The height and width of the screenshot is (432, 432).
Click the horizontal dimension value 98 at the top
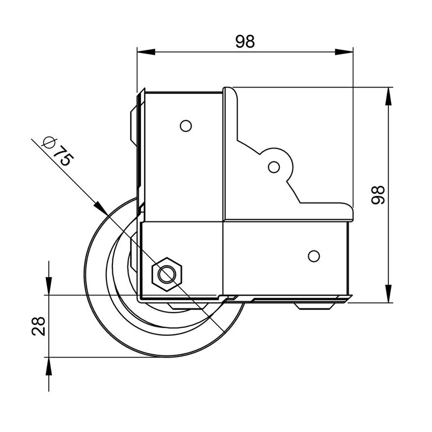245,42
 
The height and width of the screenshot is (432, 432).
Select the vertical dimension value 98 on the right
377,194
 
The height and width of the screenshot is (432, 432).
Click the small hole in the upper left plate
185,126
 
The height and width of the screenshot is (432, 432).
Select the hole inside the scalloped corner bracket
274,167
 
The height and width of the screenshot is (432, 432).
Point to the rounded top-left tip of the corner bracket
228,91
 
